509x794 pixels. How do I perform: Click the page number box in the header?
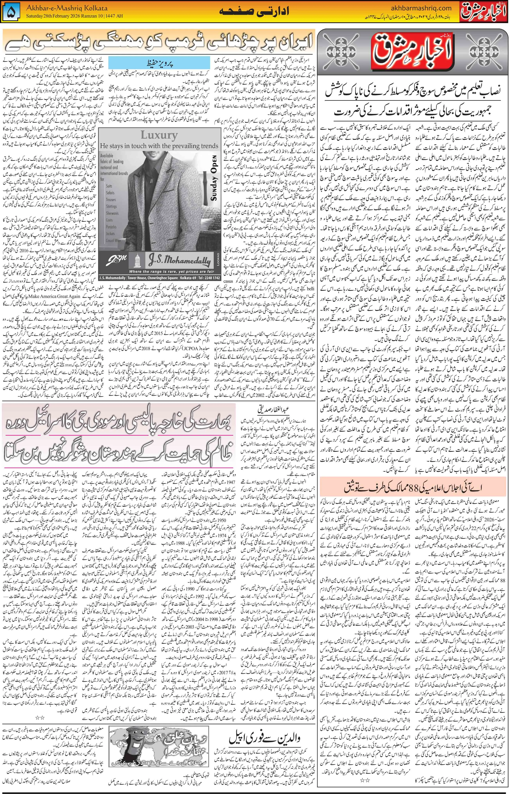point(12,12)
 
